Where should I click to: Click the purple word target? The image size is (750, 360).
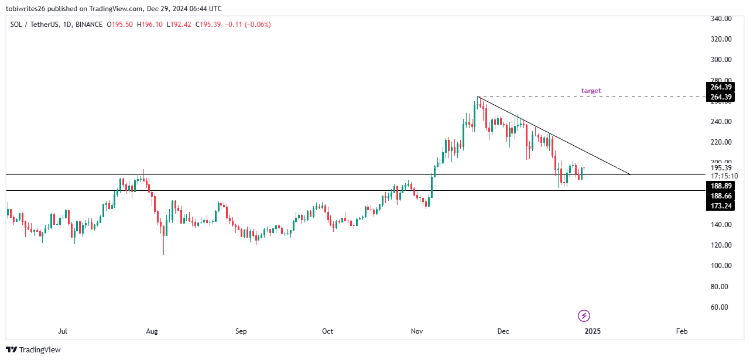tap(591, 91)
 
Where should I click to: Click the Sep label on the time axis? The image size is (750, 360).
tap(241, 331)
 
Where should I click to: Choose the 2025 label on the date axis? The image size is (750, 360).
tap(593, 331)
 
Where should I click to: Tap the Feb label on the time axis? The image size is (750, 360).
tap(681, 331)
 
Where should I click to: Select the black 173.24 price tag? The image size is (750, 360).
tap(720, 206)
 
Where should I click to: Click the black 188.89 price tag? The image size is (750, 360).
tap(720, 186)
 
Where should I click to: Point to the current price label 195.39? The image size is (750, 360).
tap(720, 168)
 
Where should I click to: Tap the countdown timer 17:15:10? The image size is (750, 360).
tap(720, 176)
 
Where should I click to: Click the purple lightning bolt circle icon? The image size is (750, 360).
tap(584, 316)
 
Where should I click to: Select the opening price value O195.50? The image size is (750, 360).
tap(119, 25)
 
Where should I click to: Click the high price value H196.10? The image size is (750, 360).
tap(150, 25)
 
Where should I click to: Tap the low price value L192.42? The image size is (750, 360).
tap(180, 25)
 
